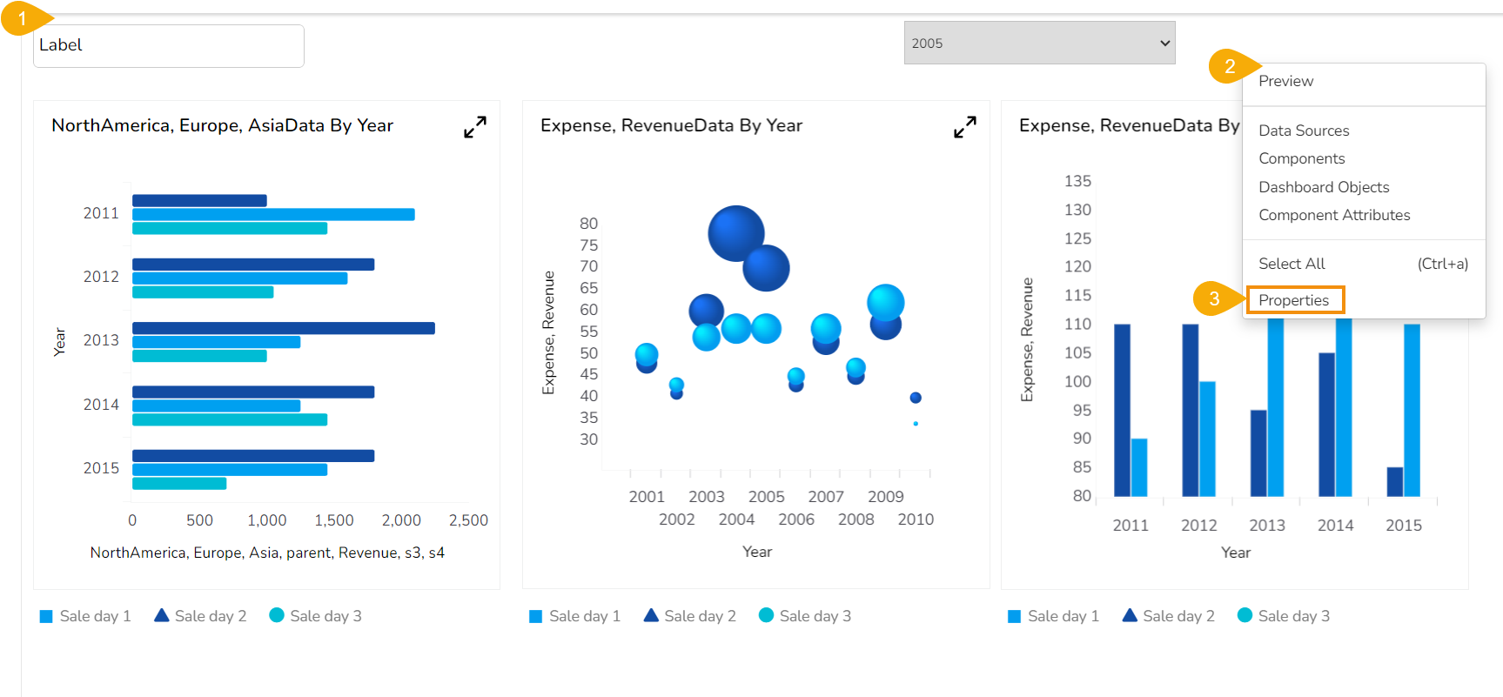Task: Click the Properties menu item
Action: [x=1294, y=300]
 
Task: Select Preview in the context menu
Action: [x=1285, y=81]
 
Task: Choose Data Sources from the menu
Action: [x=1304, y=131]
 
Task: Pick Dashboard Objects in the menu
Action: [x=1324, y=187]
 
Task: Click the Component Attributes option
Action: [x=1334, y=215]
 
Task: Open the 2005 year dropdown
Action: [x=1039, y=43]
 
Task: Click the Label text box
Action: [x=169, y=45]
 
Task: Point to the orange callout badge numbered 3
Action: [x=1215, y=298]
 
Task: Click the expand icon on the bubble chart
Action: [x=964, y=127]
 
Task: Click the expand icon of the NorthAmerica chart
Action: [x=474, y=127]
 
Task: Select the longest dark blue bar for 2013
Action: [x=283, y=328]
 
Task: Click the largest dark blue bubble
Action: [x=735, y=233]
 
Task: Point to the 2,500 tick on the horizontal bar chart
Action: [x=468, y=520]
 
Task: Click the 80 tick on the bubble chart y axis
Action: [x=589, y=224]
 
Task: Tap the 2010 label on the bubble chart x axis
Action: [x=916, y=519]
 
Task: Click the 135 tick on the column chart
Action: [x=1077, y=181]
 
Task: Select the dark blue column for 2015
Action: [x=1394, y=481]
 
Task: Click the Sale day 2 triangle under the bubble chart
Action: [x=651, y=615]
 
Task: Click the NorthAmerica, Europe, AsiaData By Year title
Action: [x=222, y=125]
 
